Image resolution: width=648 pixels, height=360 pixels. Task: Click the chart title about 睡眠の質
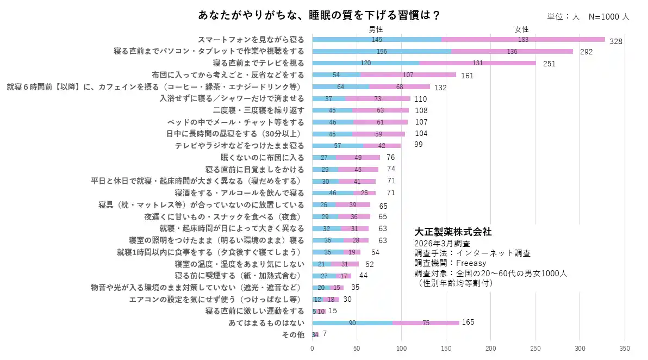(319, 15)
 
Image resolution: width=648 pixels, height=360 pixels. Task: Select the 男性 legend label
(376, 29)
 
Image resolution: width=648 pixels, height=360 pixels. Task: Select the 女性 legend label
(522, 29)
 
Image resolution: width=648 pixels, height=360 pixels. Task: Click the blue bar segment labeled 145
(377, 40)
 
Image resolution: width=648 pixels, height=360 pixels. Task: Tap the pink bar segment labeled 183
(523, 40)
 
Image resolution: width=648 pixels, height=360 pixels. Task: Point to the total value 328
(615, 41)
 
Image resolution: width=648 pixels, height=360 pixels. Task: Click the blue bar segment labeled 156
(382, 51)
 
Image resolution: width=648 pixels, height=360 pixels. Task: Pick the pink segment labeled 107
(408, 75)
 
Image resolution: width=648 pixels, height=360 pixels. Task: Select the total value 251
(549, 64)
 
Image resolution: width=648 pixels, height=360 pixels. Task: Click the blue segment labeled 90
(352, 323)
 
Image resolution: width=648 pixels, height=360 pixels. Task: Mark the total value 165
(468, 322)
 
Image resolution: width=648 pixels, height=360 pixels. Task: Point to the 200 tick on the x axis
(491, 349)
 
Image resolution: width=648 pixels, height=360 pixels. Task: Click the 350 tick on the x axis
(625, 349)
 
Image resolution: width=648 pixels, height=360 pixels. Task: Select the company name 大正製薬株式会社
(453, 232)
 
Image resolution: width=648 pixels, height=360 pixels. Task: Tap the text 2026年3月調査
(442, 243)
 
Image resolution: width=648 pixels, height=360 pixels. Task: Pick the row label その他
(293, 334)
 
